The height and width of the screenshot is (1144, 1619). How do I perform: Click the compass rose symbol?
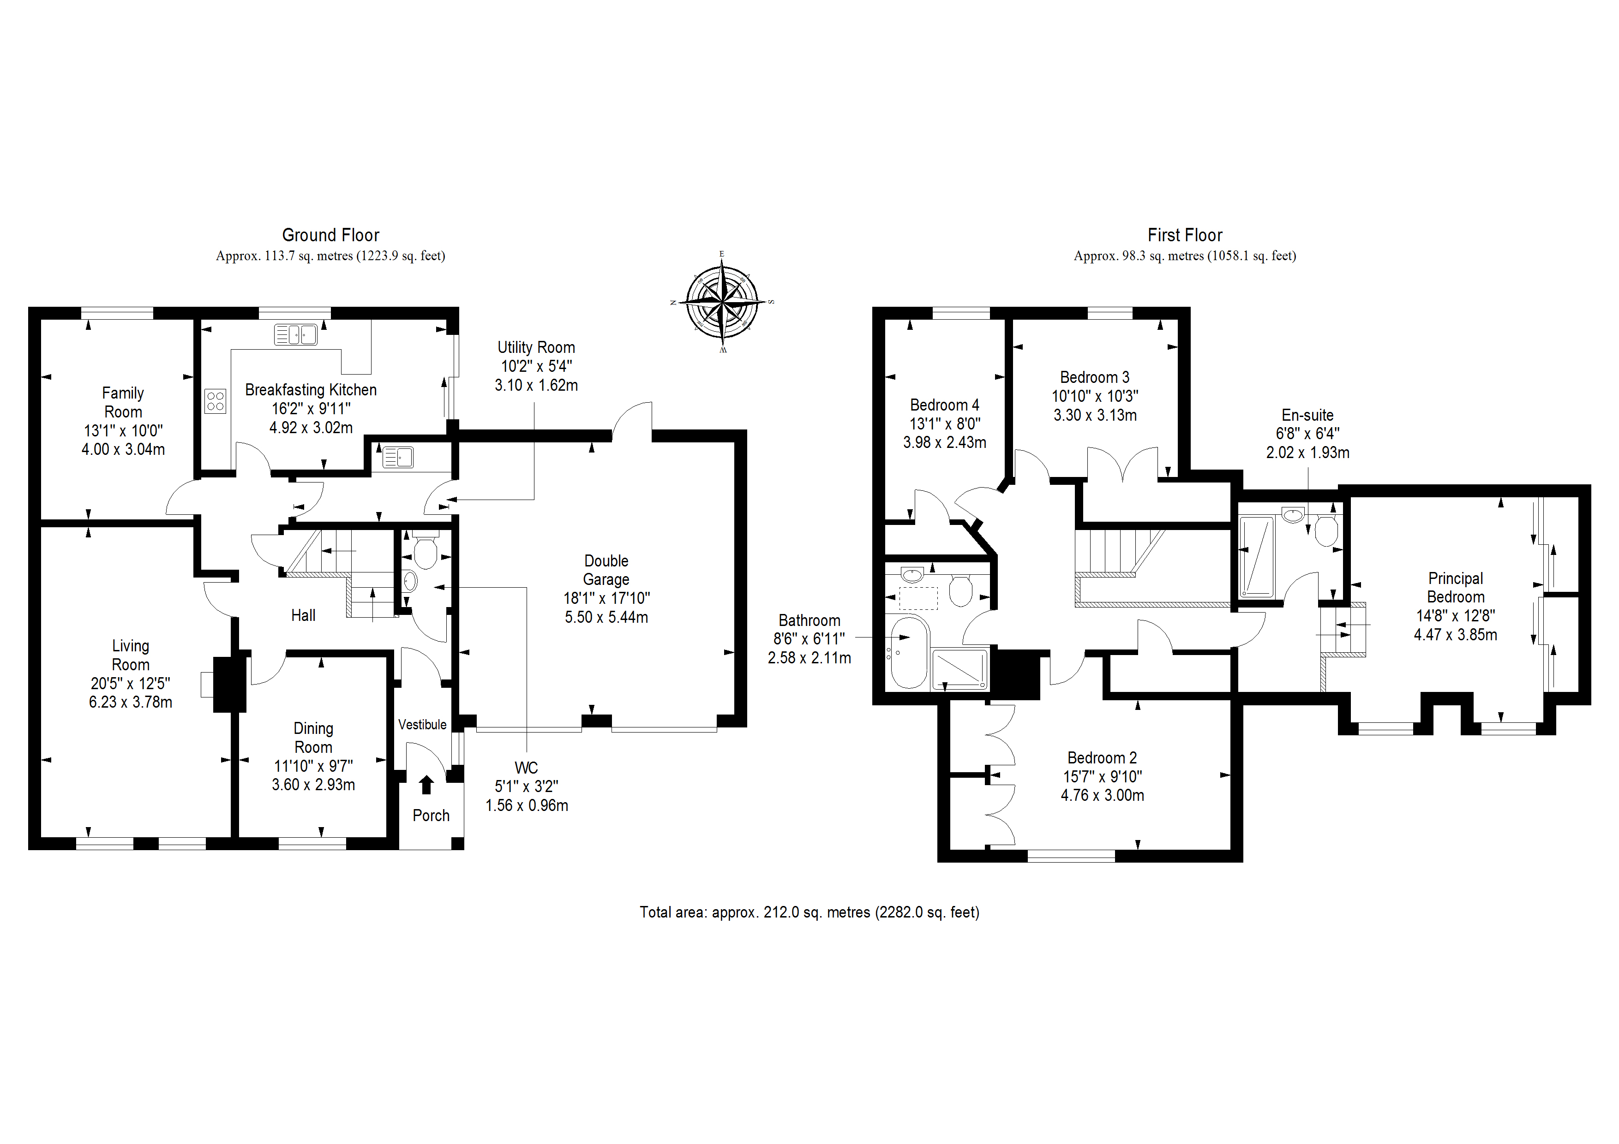[722, 302]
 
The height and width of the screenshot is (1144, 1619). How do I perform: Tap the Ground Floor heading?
[331, 235]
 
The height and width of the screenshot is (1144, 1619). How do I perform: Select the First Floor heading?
[1185, 235]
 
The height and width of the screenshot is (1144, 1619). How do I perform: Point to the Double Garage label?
[606, 570]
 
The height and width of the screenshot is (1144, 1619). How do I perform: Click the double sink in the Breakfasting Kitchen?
[295, 334]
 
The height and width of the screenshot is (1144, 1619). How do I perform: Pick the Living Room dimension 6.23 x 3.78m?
[131, 702]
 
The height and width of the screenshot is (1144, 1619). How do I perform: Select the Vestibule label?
[422, 725]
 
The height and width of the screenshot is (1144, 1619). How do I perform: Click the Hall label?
[303, 615]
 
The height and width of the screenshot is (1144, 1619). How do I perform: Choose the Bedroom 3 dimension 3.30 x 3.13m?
[1095, 415]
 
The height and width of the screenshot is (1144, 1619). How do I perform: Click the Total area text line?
[809, 912]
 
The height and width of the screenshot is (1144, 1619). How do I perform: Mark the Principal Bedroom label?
[1456, 588]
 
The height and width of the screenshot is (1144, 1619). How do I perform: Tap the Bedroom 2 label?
[1102, 758]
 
